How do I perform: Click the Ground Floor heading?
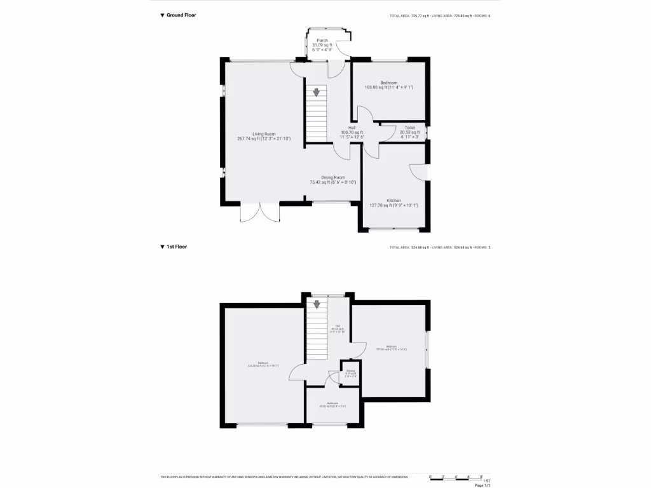tap(181, 15)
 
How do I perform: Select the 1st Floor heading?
tap(177, 247)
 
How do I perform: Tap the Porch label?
tap(322, 43)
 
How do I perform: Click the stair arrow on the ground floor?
tap(316, 92)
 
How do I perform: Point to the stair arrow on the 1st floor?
tap(316, 305)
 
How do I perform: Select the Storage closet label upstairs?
tap(350, 373)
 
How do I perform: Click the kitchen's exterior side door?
tap(419, 172)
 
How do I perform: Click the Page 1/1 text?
tap(483, 485)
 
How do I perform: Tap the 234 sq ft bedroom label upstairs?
tap(263, 364)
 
